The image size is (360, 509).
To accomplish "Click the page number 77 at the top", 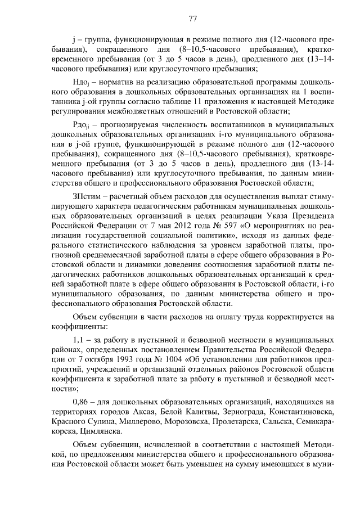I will (x=192, y=18).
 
